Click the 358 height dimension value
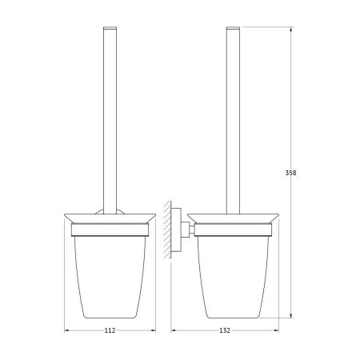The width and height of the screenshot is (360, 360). click(290, 173)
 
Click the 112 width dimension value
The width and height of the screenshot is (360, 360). click(110, 330)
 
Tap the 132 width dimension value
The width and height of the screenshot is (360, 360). click(225, 330)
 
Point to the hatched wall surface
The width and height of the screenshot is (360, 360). click(167, 230)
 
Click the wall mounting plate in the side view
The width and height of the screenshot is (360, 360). click(176, 230)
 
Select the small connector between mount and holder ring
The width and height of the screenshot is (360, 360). click(188, 229)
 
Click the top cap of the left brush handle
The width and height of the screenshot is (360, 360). click(110, 27)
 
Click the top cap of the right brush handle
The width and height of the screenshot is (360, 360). click(233, 27)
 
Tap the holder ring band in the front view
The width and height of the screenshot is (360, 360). click(110, 230)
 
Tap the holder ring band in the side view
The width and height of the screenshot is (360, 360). click(233, 230)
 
